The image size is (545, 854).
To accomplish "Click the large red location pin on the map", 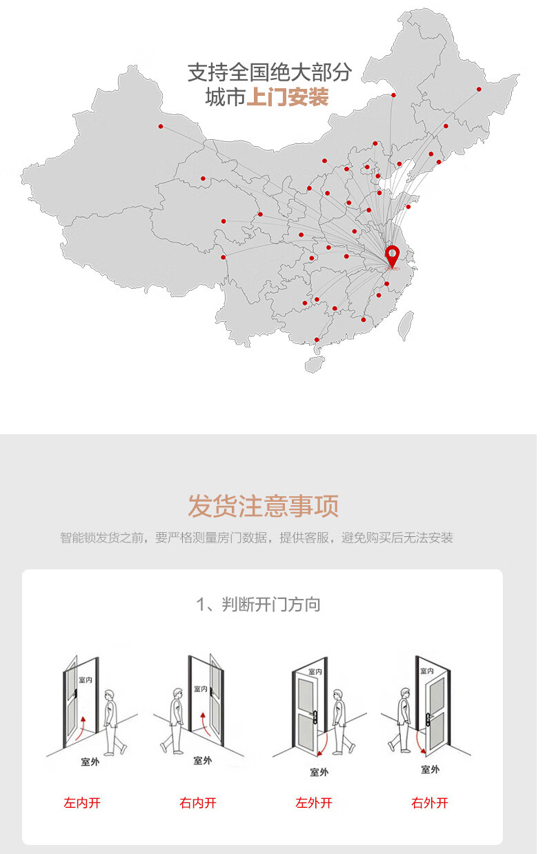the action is pyautogui.click(x=392, y=256).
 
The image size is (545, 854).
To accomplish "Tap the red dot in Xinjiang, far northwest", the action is pyautogui.click(x=161, y=126).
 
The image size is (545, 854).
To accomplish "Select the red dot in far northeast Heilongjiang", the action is pyautogui.click(x=479, y=89).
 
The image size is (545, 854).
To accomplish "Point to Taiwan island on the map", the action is pyautogui.click(x=406, y=325).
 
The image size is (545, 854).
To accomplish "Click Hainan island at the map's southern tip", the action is pyautogui.click(x=315, y=364).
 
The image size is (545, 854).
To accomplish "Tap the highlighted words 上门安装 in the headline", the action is pyautogui.click(x=288, y=96).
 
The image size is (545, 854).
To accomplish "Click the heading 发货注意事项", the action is pyautogui.click(x=264, y=506).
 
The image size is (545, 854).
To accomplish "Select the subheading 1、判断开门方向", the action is pyautogui.click(x=258, y=604).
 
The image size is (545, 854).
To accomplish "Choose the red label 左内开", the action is pyautogui.click(x=82, y=802).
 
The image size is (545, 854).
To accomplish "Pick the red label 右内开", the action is pyautogui.click(x=198, y=802).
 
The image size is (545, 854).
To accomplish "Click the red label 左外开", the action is pyautogui.click(x=314, y=802).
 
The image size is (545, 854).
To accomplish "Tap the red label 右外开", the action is pyautogui.click(x=430, y=802).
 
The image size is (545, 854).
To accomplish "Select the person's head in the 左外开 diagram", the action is pyautogui.click(x=338, y=694).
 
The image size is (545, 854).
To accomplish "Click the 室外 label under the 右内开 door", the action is pyautogui.click(x=202, y=760).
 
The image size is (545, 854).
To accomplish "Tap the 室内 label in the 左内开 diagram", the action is pyautogui.click(x=86, y=680).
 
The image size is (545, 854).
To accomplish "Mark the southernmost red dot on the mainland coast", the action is pyautogui.click(x=317, y=340).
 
